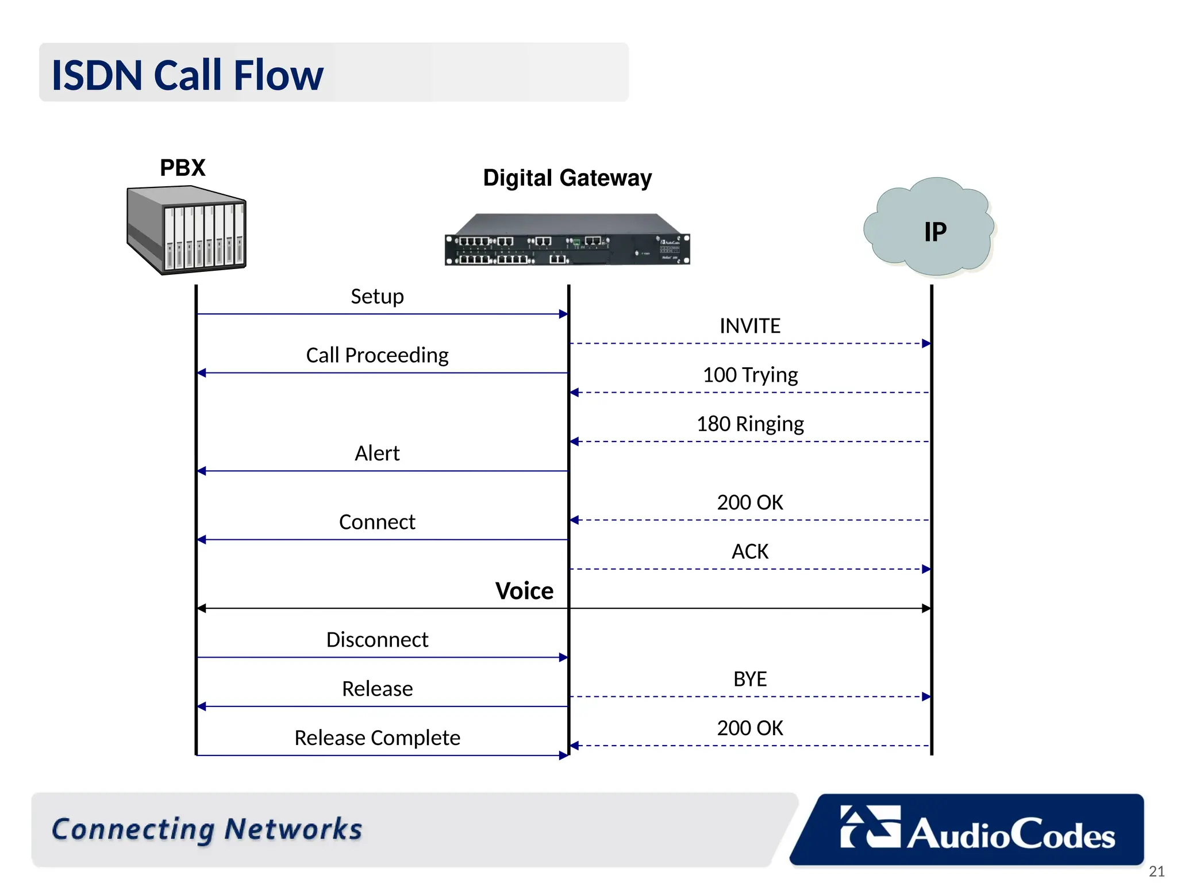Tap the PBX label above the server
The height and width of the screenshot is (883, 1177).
pos(182,168)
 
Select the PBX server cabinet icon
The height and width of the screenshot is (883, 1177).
pos(186,230)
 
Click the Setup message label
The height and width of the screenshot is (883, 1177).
pos(377,297)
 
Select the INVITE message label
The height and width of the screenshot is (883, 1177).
pos(749,326)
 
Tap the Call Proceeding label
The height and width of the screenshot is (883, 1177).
pos(377,355)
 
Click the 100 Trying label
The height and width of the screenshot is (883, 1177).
pos(749,375)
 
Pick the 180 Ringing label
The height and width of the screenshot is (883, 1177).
pos(749,424)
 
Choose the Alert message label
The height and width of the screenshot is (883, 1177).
pos(377,454)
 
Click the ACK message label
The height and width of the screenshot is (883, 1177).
pos(749,552)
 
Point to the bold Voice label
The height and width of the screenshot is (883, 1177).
pos(524,591)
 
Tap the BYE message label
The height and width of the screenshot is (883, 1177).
pos(749,679)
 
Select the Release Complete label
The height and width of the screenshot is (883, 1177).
pos(377,738)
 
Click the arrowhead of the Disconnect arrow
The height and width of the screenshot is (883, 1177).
pos(563,657)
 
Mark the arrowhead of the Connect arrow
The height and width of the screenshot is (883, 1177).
pos(202,539)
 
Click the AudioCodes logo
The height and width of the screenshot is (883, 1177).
pos(977,830)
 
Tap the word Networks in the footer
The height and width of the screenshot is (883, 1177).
pos(293,829)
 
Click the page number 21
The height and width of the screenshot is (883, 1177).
pos(1156,871)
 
